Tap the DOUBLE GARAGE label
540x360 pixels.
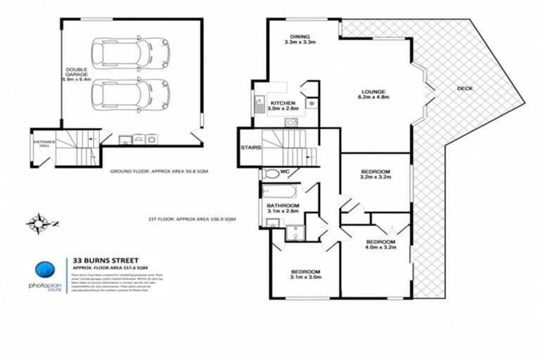tap(77, 76)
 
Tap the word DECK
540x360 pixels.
tap(465, 88)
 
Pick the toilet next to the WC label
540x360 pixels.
tap(271, 173)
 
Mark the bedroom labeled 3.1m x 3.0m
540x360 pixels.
tap(306, 275)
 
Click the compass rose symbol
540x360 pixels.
tap(37, 224)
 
